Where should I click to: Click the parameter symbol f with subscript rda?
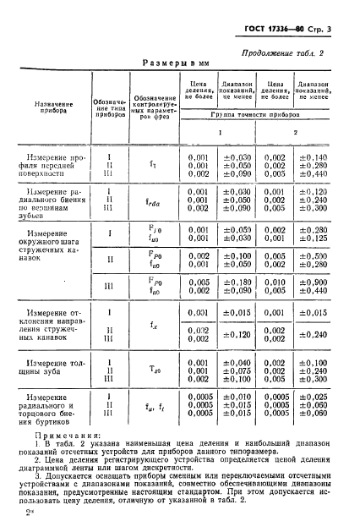154,200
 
